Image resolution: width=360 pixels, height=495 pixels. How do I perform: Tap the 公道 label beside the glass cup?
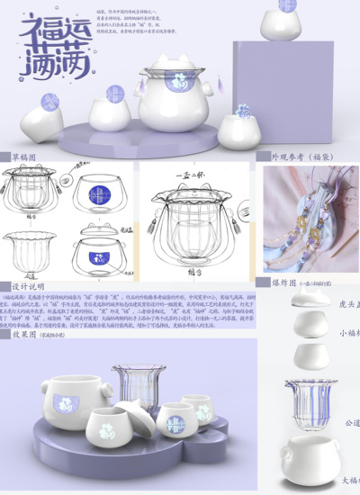pyautogui.click(x=350, y=421)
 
